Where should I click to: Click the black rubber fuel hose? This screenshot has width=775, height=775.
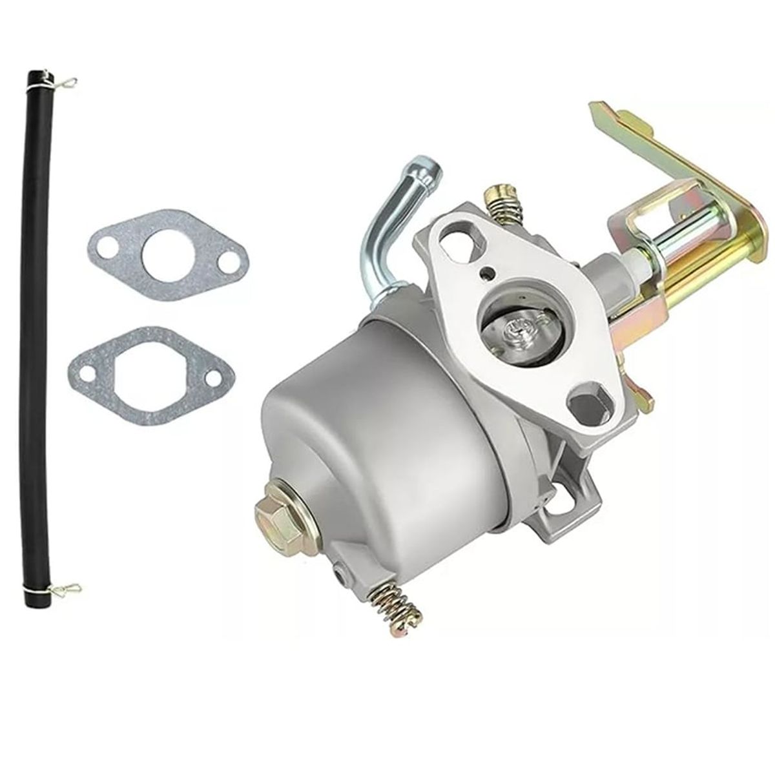point(39,323)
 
